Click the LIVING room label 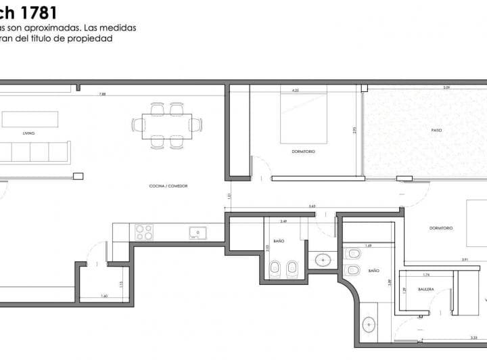point(28,133)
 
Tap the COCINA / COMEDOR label point(168,185)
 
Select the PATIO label point(436,130)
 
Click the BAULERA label point(426,289)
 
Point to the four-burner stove point(144,232)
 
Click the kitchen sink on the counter point(198,232)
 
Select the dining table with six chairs point(167,125)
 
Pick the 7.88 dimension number point(102,94)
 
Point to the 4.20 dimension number point(295,89)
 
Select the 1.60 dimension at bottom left point(104,296)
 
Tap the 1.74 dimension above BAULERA point(425,275)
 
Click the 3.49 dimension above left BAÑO point(284,221)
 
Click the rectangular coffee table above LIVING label point(30,119)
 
